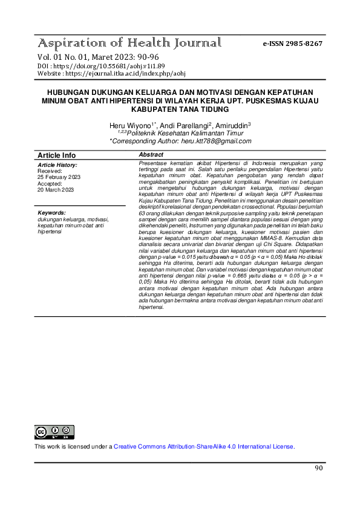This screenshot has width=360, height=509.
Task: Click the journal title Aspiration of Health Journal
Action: coord(129,44)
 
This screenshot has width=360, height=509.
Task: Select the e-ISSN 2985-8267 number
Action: coord(292,44)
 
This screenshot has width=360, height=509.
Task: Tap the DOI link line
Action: coord(101,65)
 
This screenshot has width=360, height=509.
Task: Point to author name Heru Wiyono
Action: coord(130,125)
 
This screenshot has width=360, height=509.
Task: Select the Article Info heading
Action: coord(57,155)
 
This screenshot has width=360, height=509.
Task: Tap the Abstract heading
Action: coord(151,155)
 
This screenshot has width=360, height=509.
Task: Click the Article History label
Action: coord(57,165)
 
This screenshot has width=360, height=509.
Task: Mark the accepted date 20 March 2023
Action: coord(56,190)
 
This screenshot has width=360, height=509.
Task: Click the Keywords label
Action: coord(51,213)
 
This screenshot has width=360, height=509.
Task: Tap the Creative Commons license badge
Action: coord(54,432)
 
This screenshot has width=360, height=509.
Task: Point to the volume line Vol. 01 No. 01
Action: coord(63,57)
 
